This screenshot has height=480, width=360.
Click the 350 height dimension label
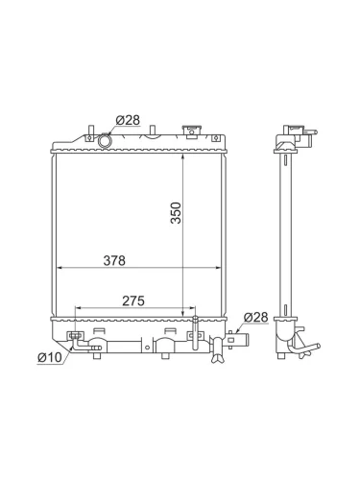coord(176,213)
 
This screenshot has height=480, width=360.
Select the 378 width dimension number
coord(114,261)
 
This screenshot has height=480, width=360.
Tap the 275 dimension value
coord(133,300)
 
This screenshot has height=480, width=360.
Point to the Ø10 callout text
coord(50,357)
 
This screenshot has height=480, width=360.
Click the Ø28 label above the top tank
coord(128,120)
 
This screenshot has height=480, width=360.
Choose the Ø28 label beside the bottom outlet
coord(256,317)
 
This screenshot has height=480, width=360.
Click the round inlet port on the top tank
coord(105,141)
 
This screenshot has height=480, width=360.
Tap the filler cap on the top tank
coord(191,132)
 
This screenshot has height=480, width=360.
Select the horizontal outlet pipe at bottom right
coord(237,340)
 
